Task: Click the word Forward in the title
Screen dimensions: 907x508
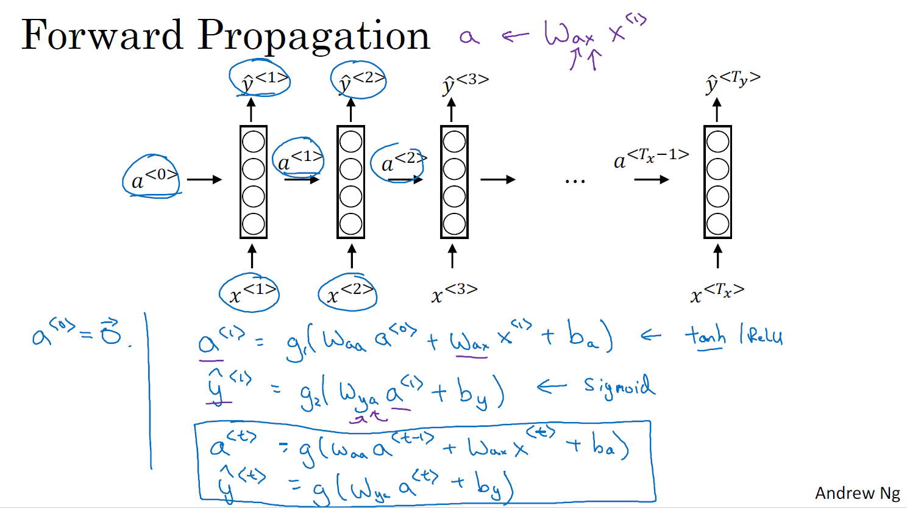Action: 102,35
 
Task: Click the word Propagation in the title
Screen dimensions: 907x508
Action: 314,37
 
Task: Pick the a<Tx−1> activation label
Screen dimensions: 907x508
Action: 651,159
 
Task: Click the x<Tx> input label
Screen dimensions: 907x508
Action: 716,293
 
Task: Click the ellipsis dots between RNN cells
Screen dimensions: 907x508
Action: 575,181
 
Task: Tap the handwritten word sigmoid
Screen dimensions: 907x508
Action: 619,386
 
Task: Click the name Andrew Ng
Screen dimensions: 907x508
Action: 857,493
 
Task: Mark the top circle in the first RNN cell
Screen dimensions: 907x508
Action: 254,141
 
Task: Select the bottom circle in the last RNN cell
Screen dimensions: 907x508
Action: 717,224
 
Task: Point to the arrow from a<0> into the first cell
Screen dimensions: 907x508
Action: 204,179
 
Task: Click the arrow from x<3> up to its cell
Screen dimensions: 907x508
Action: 452,256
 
